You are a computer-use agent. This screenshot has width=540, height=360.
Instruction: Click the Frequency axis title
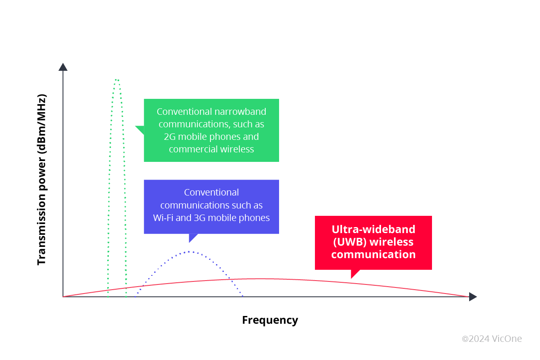pyautogui.click(x=270, y=320)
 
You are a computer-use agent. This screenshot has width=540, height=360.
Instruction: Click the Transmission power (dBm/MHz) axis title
pyautogui.click(x=41, y=179)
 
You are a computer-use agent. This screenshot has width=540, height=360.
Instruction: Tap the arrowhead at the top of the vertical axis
pyautogui.click(x=63, y=67)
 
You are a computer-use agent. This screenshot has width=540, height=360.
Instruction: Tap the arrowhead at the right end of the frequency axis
pyautogui.click(x=473, y=297)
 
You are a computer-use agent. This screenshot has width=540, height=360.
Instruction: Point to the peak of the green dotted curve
pyautogui.click(x=117, y=80)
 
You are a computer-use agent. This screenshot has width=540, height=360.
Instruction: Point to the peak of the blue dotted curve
pyautogui.click(x=189, y=251)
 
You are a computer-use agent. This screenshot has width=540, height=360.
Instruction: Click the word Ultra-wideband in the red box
pyautogui.click(x=373, y=229)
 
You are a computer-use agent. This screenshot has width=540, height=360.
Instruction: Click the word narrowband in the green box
pyautogui.click(x=240, y=112)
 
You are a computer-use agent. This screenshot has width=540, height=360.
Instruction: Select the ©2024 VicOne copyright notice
pyautogui.click(x=492, y=339)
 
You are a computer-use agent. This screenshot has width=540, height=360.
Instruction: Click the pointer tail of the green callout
pyautogui.click(x=140, y=129)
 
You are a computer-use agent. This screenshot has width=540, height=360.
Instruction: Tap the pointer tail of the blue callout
pyautogui.click(x=193, y=238)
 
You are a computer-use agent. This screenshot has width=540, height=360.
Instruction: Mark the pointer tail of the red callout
pyautogui.click(x=355, y=274)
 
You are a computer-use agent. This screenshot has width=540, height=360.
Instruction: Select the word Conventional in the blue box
pyautogui.click(x=211, y=193)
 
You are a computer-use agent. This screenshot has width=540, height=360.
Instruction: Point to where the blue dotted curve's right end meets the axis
pyautogui.click(x=243, y=296)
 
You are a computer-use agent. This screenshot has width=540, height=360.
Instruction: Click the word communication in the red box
pyautogui.click(x=373, y=254)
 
